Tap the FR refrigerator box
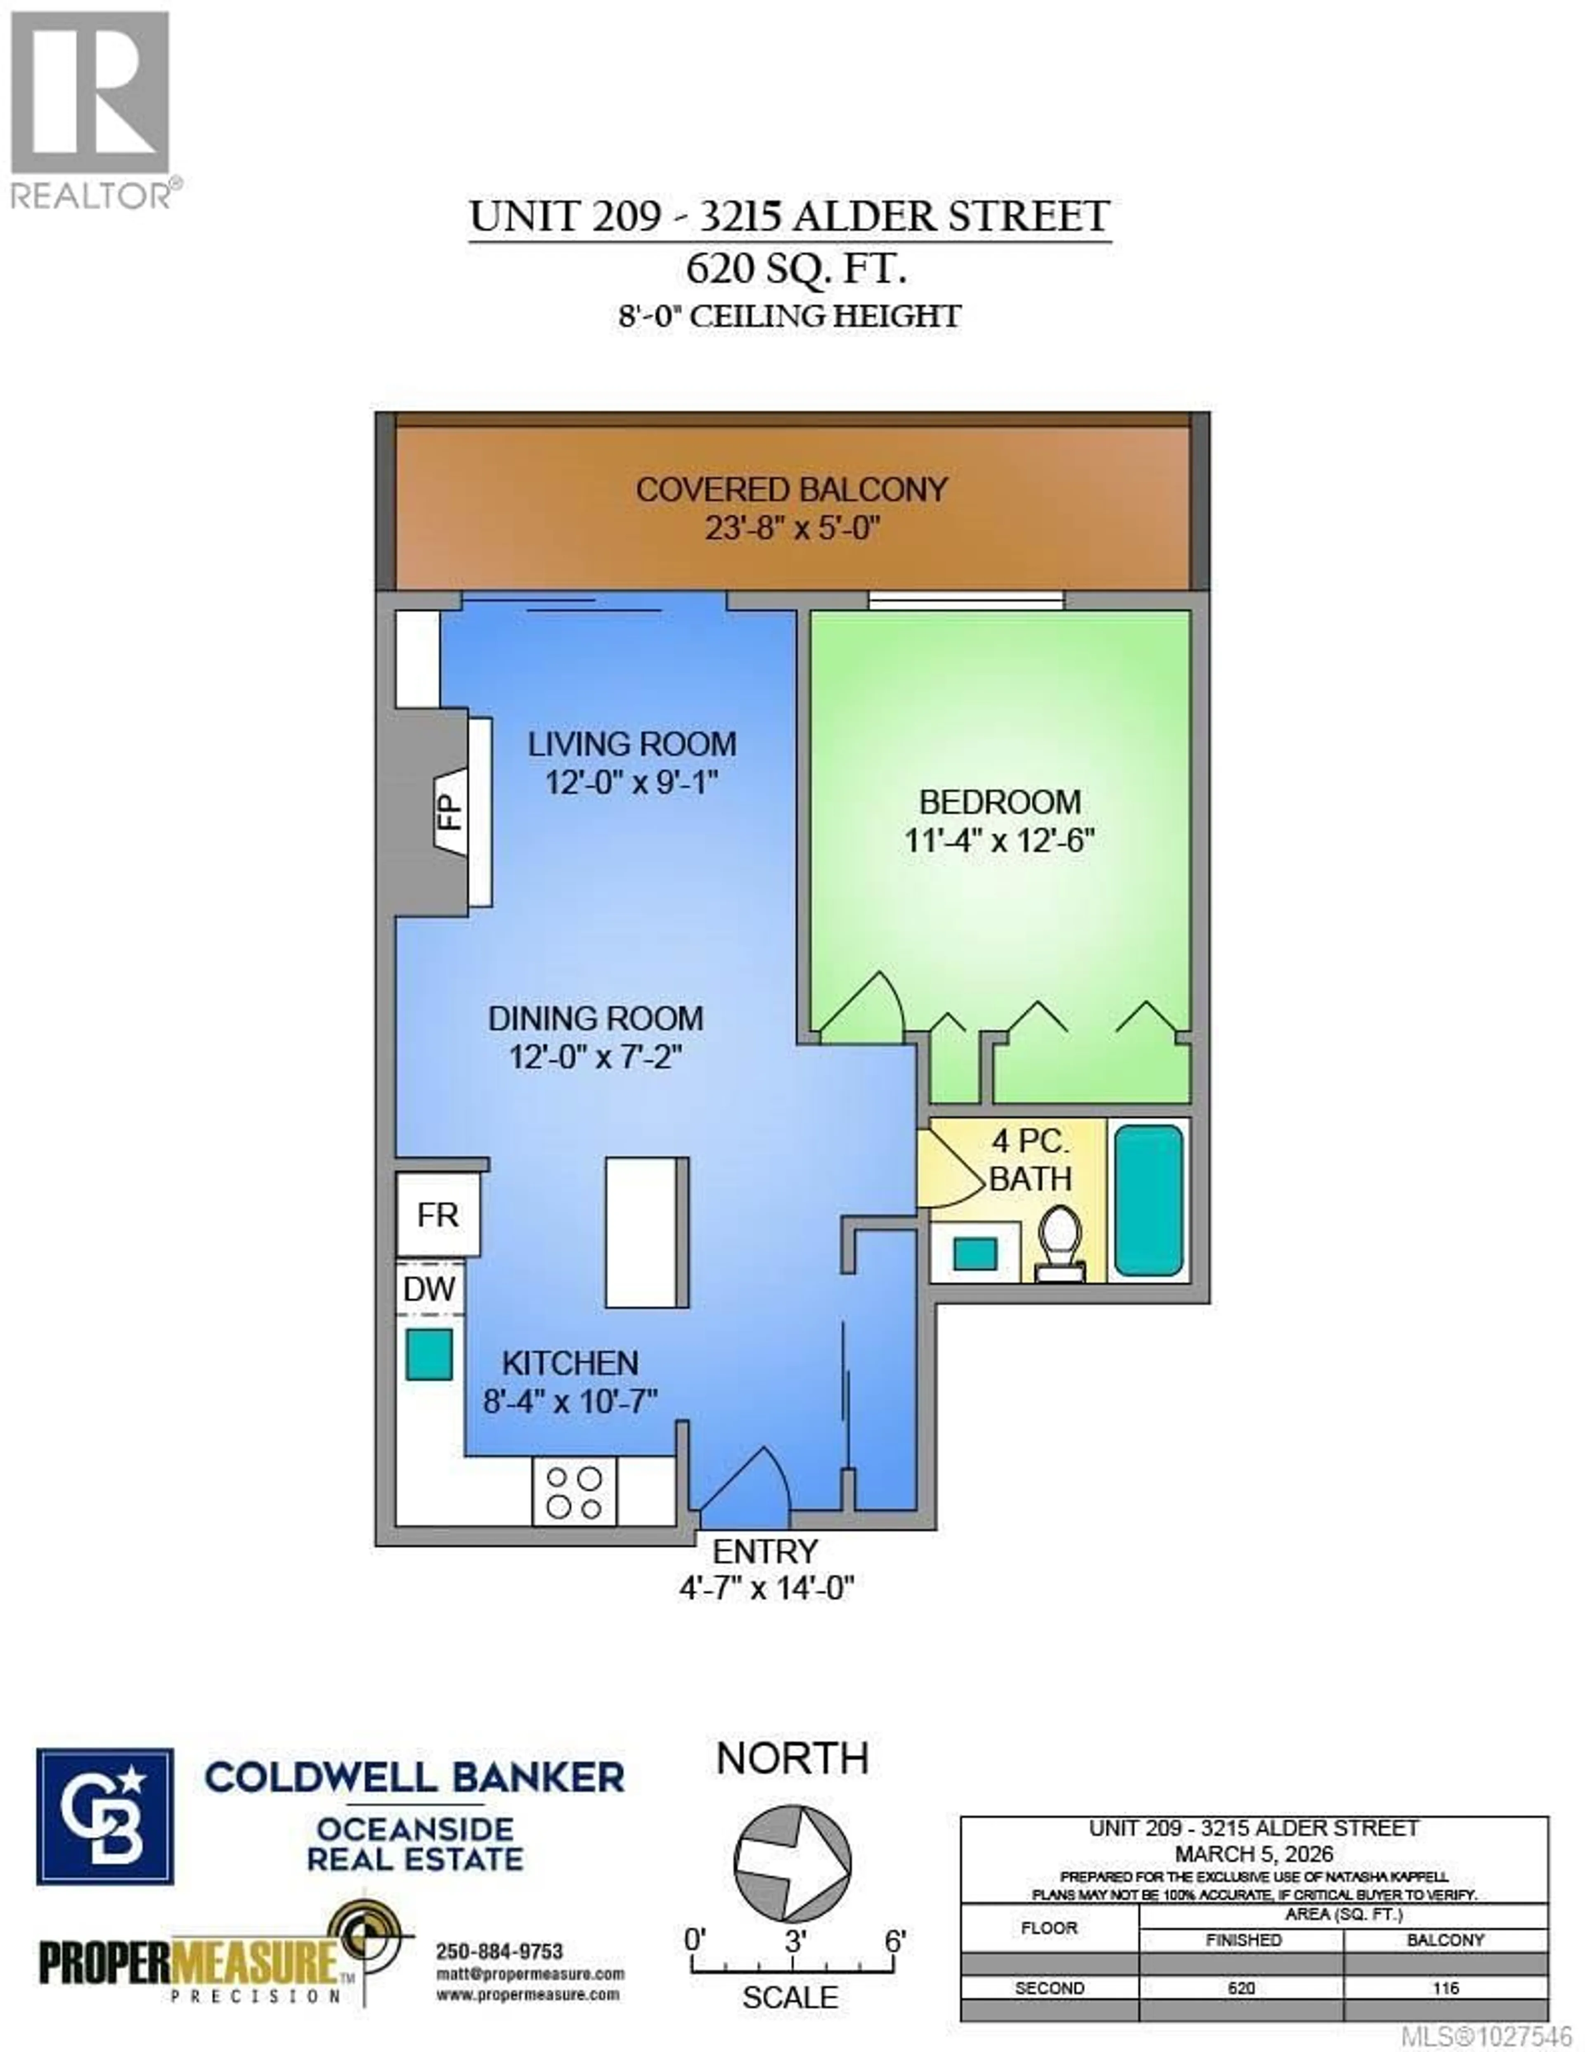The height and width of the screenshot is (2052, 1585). [x=437, y=1215]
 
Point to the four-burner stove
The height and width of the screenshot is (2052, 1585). [x=574, y=1492]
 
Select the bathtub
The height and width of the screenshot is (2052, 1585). [x=1148, y=1200]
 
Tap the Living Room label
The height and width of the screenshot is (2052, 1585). [x=632, y=744]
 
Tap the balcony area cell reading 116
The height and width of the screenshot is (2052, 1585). [x=1445, y=1988]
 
